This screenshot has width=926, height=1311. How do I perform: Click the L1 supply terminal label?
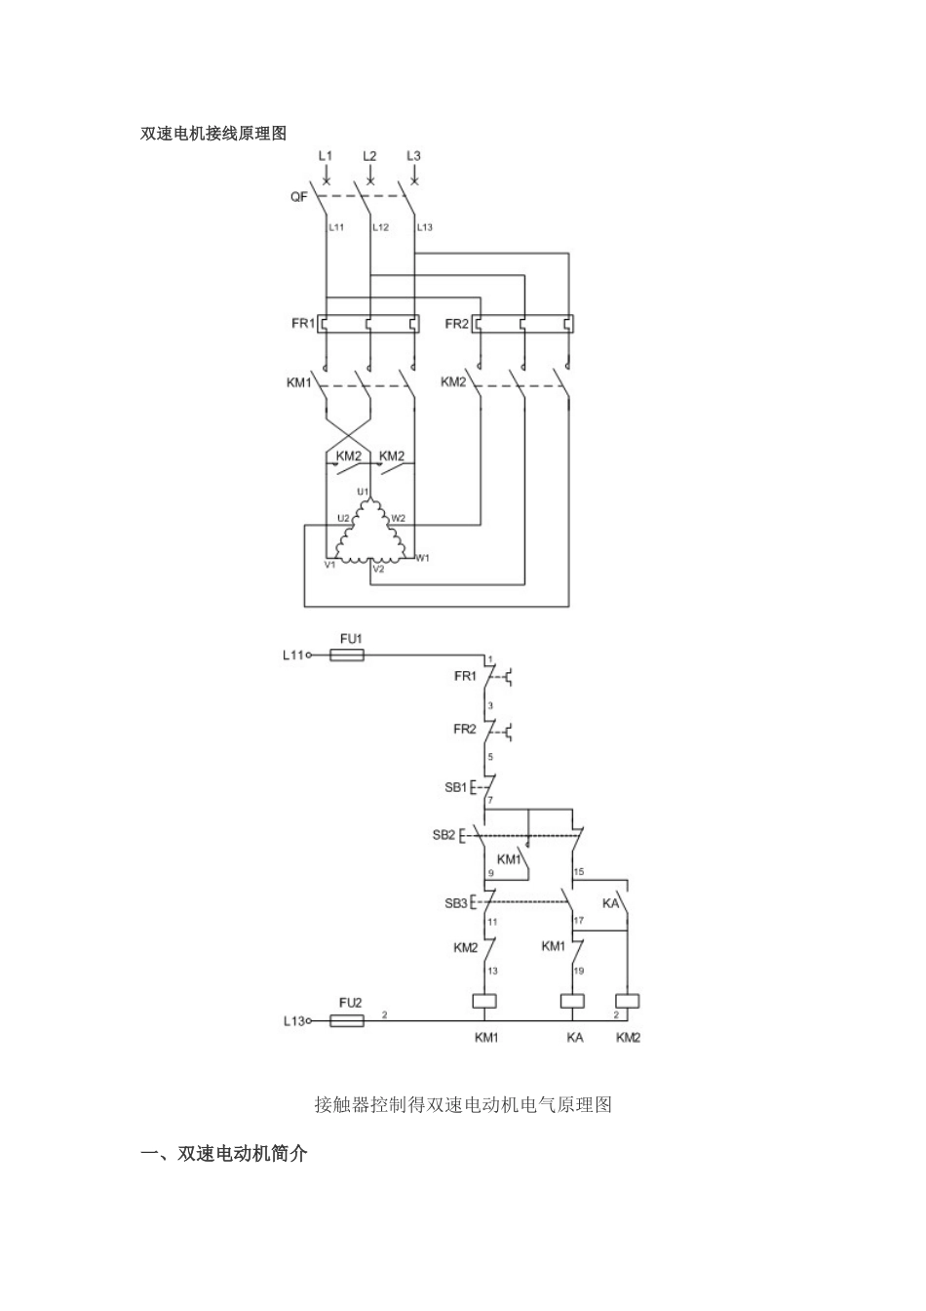click(x=326, y=156)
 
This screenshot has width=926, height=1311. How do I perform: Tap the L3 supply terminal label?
click(x=413, y=156)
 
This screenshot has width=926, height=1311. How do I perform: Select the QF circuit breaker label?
click(x=298, y=197)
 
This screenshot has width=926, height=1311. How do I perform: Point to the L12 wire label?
click(x=380, y=227)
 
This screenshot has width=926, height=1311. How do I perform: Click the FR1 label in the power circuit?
click(x=302, y=324)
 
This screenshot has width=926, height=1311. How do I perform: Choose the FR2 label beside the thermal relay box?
click(x=457, y=324)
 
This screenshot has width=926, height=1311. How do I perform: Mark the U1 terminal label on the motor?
click(x=363, y=491)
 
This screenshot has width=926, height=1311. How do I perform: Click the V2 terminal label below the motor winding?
click(x=378, y=569)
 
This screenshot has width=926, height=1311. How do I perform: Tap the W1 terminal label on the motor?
click(x=422, y=558)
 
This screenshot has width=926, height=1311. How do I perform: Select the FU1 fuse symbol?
click(x=348, y=655)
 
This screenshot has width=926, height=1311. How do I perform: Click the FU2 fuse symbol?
click(x=348, y=1020)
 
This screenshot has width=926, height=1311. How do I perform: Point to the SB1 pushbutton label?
click(x=455, y=787)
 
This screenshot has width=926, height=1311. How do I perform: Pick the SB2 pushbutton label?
click(x=444, y=835)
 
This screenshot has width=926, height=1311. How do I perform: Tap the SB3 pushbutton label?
click(x=455, y=903)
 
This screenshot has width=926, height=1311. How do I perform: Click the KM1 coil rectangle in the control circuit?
click(x=484, y=1001)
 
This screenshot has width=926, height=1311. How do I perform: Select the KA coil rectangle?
click(x=572, y=1001)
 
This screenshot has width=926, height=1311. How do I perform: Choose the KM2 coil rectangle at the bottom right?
click(x=628, y=1001)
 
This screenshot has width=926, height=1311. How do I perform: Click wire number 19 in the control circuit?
click(x=578, y=972)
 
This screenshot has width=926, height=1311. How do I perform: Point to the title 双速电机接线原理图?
click(x=214, y=134)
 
